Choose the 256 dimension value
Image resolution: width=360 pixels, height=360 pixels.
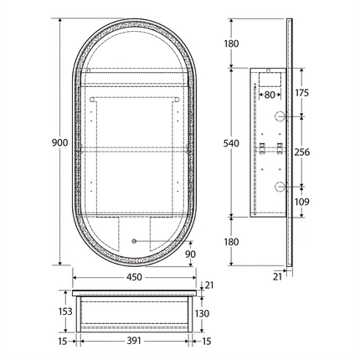[303, 152]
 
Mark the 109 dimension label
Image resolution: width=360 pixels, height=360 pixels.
[303, 201]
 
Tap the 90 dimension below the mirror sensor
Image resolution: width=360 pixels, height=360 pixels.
[191, 255]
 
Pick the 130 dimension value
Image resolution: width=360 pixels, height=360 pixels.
[202, 313]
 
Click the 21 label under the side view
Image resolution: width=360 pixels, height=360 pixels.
[276, 275]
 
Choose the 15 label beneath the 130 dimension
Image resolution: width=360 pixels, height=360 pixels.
[206, 342]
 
